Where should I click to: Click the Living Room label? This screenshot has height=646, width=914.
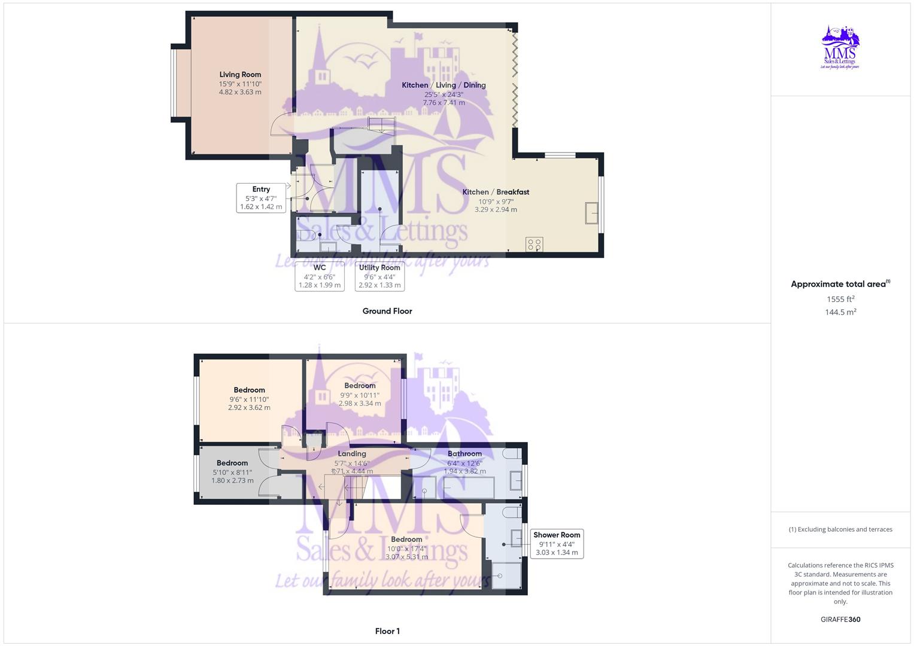point(240,75)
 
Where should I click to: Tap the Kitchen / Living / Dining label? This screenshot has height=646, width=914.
point(444,86)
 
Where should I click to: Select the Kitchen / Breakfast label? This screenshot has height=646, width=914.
point(496,192)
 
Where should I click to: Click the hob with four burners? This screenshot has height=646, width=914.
point(534,244)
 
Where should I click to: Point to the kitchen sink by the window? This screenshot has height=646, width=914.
point(591,213)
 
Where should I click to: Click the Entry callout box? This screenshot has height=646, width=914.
point(261,198)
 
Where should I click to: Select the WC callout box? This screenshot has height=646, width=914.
point(320,276)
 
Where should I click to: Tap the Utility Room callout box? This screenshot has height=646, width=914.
point(379,276)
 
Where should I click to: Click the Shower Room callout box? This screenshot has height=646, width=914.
point(557,544)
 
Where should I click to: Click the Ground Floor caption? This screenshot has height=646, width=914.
point(387,311)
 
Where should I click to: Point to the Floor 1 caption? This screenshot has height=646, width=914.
point(387,631)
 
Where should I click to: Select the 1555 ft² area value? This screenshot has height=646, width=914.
point(840,299)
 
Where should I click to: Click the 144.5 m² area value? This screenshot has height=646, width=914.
point(840,312)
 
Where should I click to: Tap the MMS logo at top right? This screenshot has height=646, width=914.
point(840,48)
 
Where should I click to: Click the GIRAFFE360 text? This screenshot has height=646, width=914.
point(840,620)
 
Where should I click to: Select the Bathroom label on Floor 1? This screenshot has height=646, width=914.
point(464,454)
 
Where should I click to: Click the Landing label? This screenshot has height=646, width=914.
point(352,454)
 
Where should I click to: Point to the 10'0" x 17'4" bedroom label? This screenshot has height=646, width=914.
point(406,549)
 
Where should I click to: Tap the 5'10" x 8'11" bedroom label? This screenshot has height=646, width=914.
point(232,472)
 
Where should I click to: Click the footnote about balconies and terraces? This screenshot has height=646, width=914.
point(840,529)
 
